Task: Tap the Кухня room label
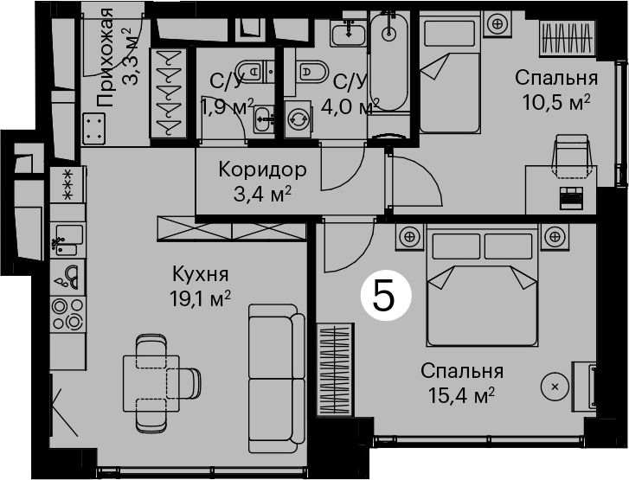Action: (x=200, y=274)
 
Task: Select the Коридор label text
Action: (x=262, y=170)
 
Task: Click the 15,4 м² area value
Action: (x=461, y=395)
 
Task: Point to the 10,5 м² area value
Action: (x=556, y=103)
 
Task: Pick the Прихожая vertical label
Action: (x=105, y=57)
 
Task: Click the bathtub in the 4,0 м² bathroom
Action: (x=388, y=61)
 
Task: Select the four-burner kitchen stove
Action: (x=67, y=314)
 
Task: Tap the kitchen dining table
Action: (x=151, y=383)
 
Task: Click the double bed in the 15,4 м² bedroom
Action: (x=482, y=285)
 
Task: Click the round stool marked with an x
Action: (x=555, y=387)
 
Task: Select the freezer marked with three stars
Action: (x=67, y=185)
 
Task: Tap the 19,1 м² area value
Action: (x=200, y=298)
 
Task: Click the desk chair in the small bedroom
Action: (x=572, y=156)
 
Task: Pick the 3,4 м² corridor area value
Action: (x=262, y=195)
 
